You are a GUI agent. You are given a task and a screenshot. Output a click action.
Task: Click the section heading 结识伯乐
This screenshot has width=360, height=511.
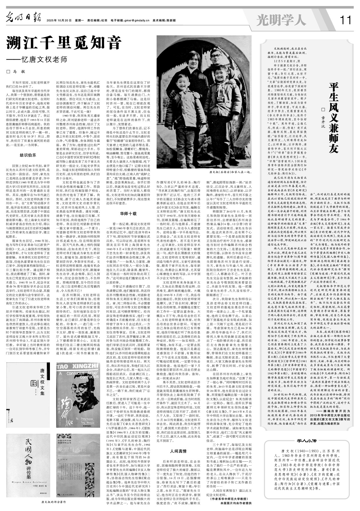[x=28, y=155]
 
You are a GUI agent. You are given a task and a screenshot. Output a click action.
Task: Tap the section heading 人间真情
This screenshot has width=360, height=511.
[x=178, y=451]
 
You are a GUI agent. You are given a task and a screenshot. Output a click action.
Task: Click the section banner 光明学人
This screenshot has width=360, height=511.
[x=281, y=20]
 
